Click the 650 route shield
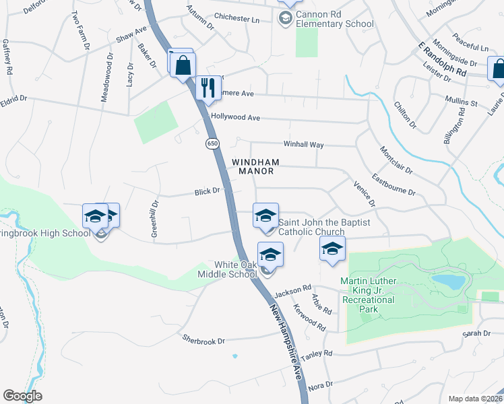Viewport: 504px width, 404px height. [212, 143]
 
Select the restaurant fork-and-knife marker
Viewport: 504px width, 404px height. [208, 88]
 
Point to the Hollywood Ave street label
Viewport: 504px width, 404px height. [235, 117]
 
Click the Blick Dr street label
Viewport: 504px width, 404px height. [207, 191]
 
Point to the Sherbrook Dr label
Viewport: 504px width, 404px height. [203, 341]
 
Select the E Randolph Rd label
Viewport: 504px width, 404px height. [442, 59]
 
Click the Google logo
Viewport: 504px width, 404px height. [22, 396]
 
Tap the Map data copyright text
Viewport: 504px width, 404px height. [475, 399]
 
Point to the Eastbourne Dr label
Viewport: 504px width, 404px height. [393, 187]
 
